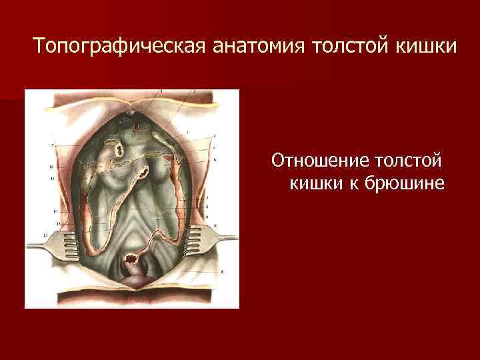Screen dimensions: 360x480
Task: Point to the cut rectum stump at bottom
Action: [133, 256]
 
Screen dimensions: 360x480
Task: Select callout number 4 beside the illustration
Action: [215, 137]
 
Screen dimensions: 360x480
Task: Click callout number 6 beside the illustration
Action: [215, 160]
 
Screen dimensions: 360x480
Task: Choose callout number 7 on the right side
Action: [209, 198]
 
